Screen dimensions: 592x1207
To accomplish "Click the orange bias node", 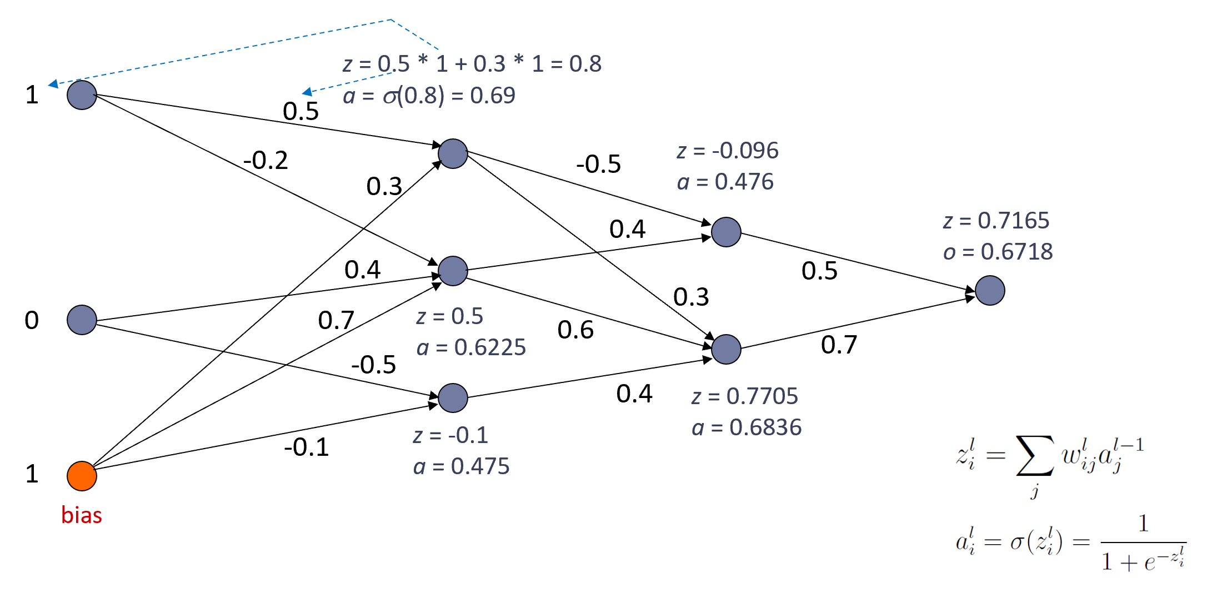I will pyautogui.click(x=82, y=476).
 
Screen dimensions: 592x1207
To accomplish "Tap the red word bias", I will pyautogui.click(x=82, y=515).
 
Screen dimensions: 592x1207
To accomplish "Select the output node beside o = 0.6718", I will pyautogui.click(x=990, y=290).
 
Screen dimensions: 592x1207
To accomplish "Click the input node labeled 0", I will pyautogui.click(x=82, y=320).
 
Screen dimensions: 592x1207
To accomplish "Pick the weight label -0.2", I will pyautogui.click(x=266, y=161).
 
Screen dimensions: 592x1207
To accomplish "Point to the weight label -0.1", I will pyautogui.click(x=306, y=447).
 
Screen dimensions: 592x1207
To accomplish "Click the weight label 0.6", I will pyautogui.click(x=575, y=330).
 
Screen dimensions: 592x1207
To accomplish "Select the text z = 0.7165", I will pyautogui.click(x=996, y=221).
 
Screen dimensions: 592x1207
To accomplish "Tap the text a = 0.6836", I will pyautogui.click(x=747, y=427).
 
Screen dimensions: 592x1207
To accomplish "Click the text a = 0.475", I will pyautogui.click(x=461, y=466).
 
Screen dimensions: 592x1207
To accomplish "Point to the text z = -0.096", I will pyautogui.click(x=727, y=151).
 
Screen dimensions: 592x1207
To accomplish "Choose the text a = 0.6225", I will pyautogui.click(x=471, y=347).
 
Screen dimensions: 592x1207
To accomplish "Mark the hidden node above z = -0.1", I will pyautogui.click(x=453, y=398).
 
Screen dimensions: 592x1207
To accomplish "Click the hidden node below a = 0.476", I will pyautogui.click(x=726, y=232).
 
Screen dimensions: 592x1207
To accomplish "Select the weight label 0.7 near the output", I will pyautogui.click(x=839, y=345).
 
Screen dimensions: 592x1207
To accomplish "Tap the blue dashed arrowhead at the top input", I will pyautogui.click(x=53, y=84).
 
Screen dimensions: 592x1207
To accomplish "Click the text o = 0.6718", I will pyautogui.click(x=998, y=252).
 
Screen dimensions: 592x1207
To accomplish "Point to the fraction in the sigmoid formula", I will pyautogui.click(x=1143, y=543).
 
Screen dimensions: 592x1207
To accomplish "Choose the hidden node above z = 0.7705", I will pyautogui.click(x=726, y=349).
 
